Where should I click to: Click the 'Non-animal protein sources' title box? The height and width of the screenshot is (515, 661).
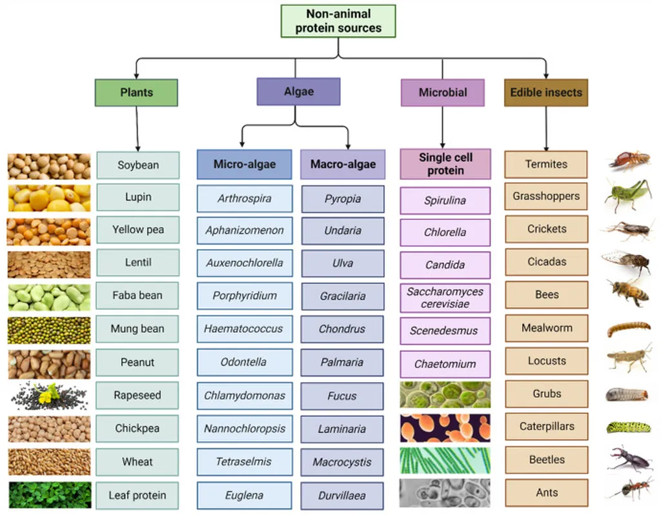click(338, 21)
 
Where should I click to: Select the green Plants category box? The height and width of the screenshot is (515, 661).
click(136, 92)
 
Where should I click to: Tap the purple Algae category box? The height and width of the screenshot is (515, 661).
click(298, 92)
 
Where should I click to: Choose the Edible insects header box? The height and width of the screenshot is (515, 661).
click(545, 92)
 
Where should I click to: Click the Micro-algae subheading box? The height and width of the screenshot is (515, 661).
click(244, 165)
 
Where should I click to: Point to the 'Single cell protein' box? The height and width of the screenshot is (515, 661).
click(445, 164)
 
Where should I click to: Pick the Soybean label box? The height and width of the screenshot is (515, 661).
click(137, 165)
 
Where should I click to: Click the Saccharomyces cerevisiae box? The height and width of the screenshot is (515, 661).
click(445, 298)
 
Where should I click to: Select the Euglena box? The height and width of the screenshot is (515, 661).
click(244, 496)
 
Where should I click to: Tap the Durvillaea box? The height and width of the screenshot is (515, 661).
click(342, 496)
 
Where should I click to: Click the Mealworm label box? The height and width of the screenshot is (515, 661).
click(546, 328)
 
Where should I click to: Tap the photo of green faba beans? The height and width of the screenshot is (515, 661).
click(49, 298)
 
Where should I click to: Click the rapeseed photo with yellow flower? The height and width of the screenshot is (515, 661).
click(49, 396)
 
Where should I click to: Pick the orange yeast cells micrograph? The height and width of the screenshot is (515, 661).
click(445, 428)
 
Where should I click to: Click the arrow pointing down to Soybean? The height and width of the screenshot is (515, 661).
click(137, 129)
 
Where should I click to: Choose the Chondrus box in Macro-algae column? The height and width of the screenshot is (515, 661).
click(342, 329)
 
